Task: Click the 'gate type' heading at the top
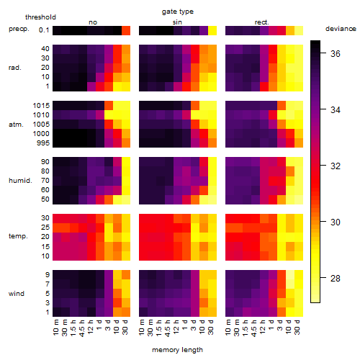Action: coord(178,12)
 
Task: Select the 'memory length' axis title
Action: coord(177,350)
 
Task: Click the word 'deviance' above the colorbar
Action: coord(341,29)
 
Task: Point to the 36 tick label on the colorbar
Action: coord(336,53)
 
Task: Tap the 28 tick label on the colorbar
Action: coord(336,279)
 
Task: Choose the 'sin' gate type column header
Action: coord(177,22)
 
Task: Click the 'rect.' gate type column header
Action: coord(261,22)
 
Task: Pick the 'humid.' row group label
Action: coord(20,181)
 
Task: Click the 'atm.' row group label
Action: coord(16,125)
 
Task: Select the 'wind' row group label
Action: coord(17,294)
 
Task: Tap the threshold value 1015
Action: coord(41,106)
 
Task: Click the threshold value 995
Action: coord(43,143)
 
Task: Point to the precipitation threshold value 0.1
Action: coord(44,30)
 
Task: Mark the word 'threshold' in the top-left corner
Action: coord(40,17)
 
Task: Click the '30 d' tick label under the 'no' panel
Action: coord(125,327)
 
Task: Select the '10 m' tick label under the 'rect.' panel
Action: coord(228,327)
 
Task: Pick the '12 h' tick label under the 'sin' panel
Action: coord(176,327)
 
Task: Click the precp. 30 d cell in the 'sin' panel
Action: coord(212,30)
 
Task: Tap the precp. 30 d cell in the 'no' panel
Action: coord(126,30)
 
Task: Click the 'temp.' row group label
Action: coord(18,236)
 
